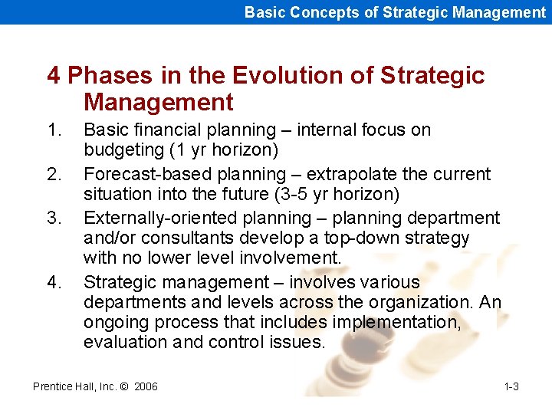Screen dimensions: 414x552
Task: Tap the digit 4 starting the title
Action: click(x=54, y=76)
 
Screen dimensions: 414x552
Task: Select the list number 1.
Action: click(x=53, y=130)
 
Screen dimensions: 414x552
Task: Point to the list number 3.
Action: click(x=53, y=219)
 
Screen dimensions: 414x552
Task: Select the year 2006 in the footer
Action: click(x=146, y=386)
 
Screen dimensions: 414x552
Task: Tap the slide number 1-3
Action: click(x=511, y=386)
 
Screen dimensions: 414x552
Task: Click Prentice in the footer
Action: click(x=52, y=386)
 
